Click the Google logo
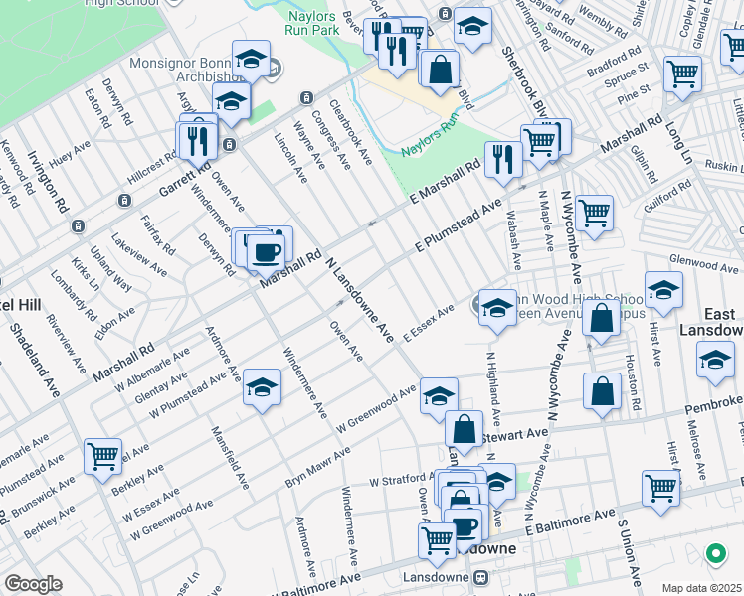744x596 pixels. click(32, 584)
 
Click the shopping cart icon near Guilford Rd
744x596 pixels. click(594, 212)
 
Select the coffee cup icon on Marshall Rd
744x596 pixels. click(266, 252)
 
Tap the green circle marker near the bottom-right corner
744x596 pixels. click(714, 553)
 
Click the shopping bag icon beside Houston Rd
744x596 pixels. click(602, 319)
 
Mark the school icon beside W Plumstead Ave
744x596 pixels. click(262, 387)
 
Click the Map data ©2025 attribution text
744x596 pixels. click(701, 588)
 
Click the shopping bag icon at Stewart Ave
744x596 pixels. click(464, 430)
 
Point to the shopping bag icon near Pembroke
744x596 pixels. click(603, 390)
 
